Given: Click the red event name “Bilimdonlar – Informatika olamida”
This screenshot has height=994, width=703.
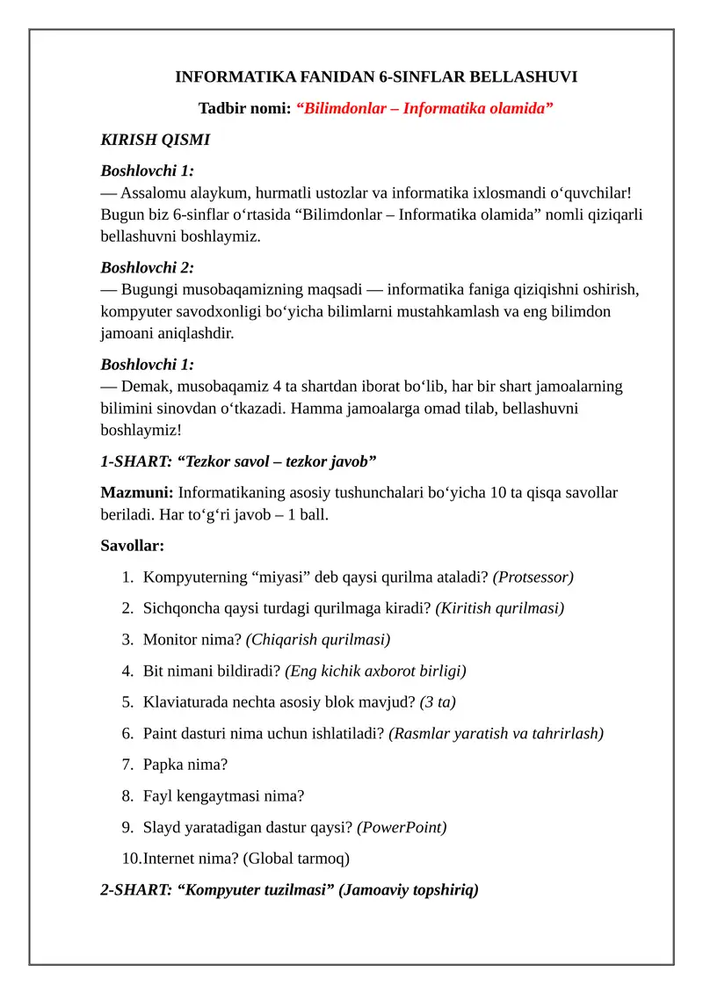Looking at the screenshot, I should pos(424,108).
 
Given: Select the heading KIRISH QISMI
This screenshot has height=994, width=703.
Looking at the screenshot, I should pos(155,140).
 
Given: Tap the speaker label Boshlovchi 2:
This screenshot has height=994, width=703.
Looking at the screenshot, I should pos(147,267).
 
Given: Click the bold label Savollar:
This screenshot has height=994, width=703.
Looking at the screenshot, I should pos(132,546).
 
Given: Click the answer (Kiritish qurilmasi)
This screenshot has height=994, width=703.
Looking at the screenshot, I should pos(499,608).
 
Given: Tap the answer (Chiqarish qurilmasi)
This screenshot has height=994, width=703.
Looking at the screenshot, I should pos(317,640).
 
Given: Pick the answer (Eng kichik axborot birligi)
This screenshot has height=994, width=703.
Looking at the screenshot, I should pos(375,671).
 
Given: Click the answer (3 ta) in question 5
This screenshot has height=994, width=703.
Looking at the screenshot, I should pos(438,702).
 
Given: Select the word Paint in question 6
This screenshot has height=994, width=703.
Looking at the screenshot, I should pos(161,733).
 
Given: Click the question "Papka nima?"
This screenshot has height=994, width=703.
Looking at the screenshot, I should pos(185,765).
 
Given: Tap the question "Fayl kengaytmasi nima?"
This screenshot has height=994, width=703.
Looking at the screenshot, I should pos(223,796).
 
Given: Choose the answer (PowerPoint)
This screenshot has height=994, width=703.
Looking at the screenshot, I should pos(402,827).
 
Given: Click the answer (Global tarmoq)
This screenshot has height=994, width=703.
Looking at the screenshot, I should pos(295,859).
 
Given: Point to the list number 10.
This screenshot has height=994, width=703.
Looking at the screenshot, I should pos(131,859).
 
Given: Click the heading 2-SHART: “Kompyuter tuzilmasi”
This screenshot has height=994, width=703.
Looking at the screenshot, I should pos(219,890).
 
